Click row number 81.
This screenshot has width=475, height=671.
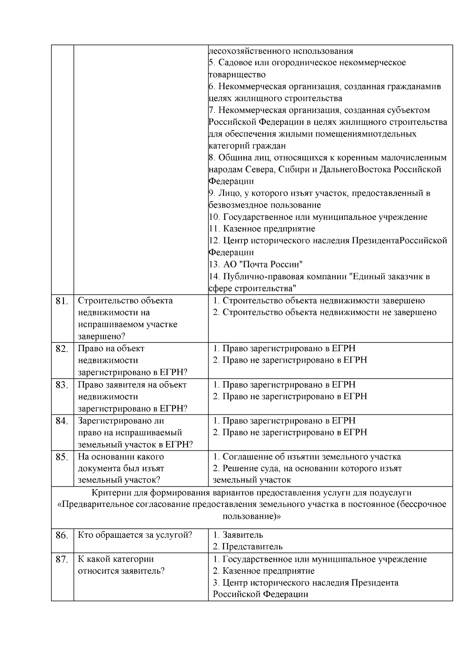[62, 301]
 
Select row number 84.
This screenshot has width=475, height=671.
[62, 421]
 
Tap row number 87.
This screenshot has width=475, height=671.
[62, 560]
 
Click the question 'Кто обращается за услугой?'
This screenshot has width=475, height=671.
[135, 535]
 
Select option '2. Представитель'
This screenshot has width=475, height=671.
[248, 547]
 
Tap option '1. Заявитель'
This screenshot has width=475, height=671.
[238, 535]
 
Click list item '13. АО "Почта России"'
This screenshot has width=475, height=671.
[256, 264]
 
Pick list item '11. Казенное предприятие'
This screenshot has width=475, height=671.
[262, 229]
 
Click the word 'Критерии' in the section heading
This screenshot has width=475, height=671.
[108, 493]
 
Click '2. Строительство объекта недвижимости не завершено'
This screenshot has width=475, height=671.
[325, 312]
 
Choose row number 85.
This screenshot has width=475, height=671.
[62, 457]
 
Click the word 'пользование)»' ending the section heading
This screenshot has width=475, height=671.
[252, 516]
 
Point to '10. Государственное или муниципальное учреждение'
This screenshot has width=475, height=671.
[318, 217]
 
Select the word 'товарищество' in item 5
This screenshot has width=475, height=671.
[237, 74]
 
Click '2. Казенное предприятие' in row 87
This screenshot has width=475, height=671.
[264, 571]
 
